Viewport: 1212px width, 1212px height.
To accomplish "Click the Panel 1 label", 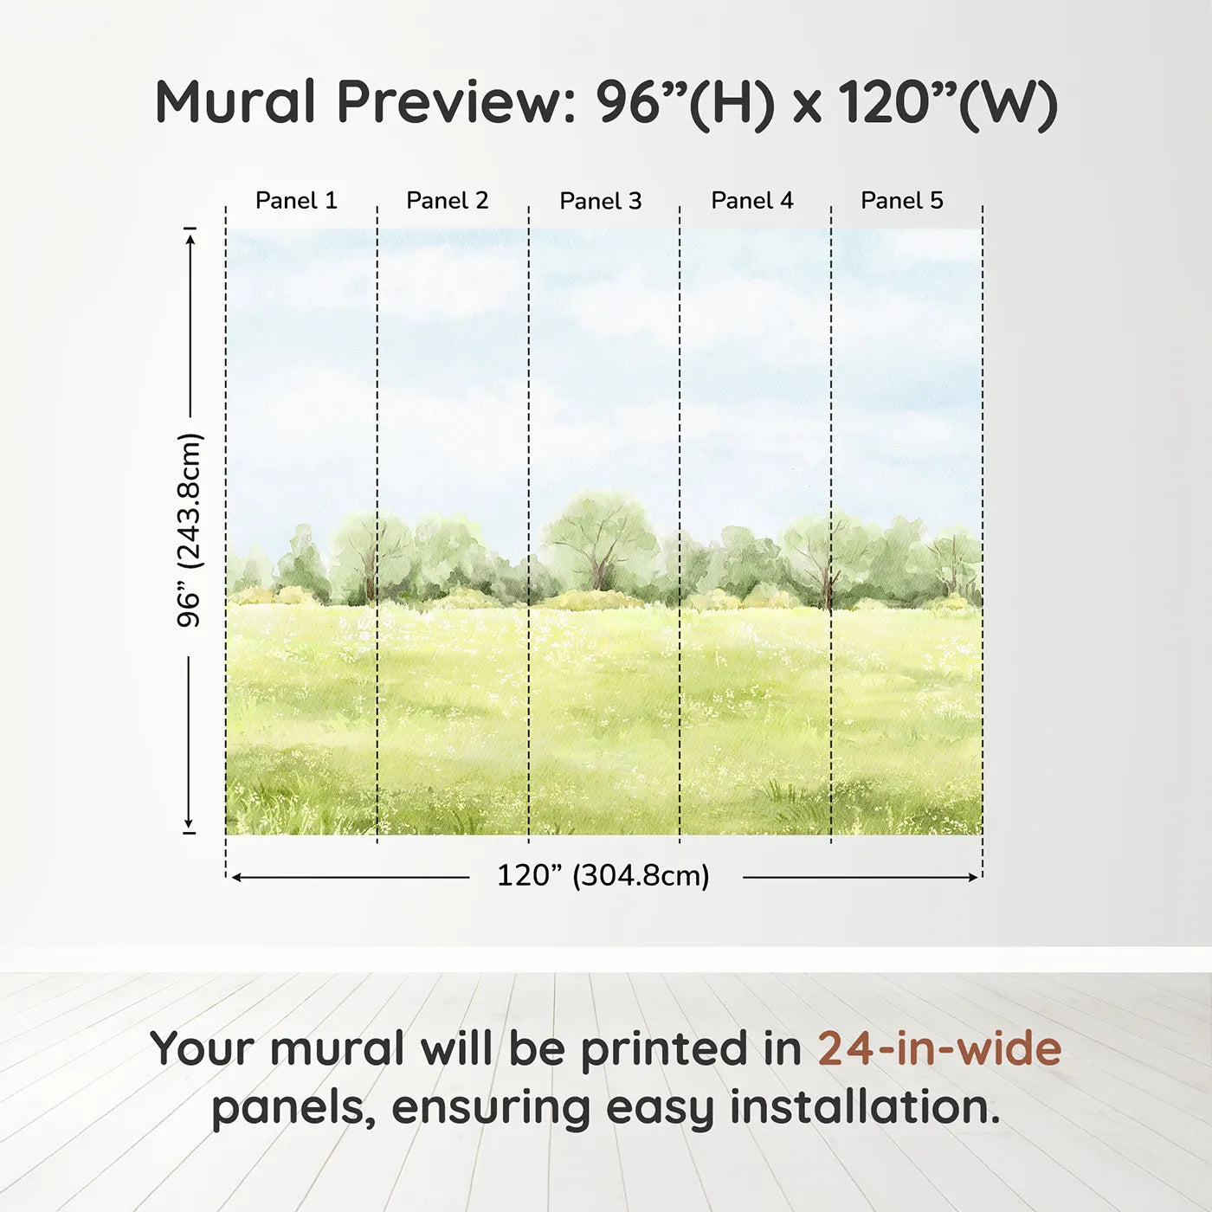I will (x=296, y=201).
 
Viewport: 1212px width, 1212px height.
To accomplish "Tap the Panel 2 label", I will (x=448, y=201).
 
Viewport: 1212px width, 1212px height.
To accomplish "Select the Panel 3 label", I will (x=600, y=202).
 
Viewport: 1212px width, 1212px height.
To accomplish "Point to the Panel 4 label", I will (x=751, y=201).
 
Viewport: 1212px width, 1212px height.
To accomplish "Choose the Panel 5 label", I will (x=901, y=201).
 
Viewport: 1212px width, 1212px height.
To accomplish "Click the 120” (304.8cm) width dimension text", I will (x=603, y=876).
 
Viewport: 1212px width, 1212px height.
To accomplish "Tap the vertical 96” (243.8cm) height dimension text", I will (x=189, y=530).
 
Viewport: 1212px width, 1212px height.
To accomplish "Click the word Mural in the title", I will (x=235, y=102).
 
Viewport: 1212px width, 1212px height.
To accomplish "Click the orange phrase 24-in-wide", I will (x=939, y=1048).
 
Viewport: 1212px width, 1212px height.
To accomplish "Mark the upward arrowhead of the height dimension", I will (x=190, y=235).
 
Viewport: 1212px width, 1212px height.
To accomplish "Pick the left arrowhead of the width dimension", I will (x=236, y=877).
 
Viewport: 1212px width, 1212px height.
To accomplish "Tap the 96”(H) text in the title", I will (x=684, y=104).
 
